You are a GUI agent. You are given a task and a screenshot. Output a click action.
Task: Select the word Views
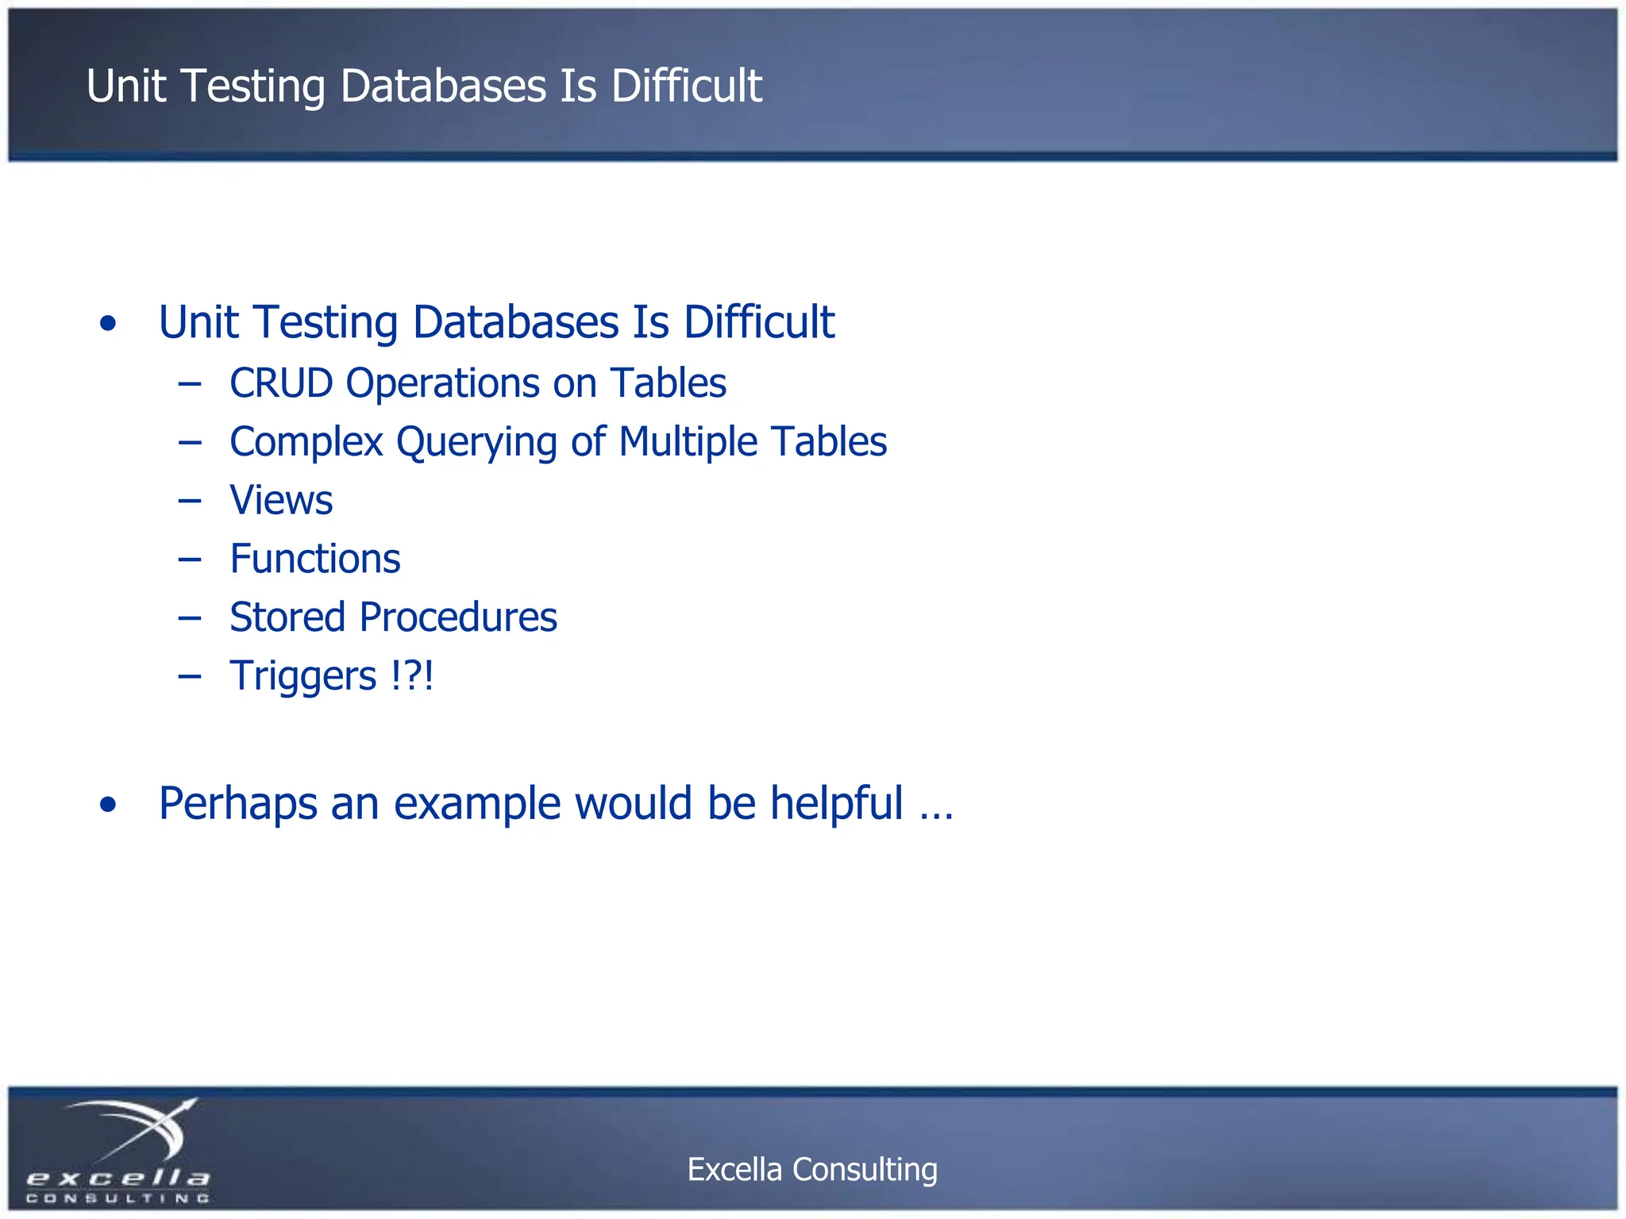pyautogui.click(x=281, y=500)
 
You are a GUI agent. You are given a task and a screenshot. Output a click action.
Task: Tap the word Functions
pyautogui.click(x=315, y=559)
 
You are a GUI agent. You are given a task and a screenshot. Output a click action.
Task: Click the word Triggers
pyautogui.click(x=302, y=677)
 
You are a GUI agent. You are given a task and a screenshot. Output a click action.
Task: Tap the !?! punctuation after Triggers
pyautogui.click(x=412, y=675)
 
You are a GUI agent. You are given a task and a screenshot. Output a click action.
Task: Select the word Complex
pyautogui.click(x=306, y=442)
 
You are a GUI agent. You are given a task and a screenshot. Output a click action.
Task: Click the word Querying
pyautogui.click(x=476, y=443)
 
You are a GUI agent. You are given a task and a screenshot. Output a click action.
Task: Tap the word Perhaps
pyautogui.click(x=237, y=804)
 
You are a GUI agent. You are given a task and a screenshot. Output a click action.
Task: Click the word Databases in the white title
pyautogui.click(x=443, y=86)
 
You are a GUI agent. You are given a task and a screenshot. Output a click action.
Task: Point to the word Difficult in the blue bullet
pyautogui.click(x=759, y=322)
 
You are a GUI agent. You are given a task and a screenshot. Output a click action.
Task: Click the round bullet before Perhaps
pyautogui.click(x=109, y=805)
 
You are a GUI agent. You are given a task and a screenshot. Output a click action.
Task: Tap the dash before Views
pyautogui.click(x=190, y=501)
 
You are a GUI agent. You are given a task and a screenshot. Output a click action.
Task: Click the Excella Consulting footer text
pyautogui.click(x=812, y=1169)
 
